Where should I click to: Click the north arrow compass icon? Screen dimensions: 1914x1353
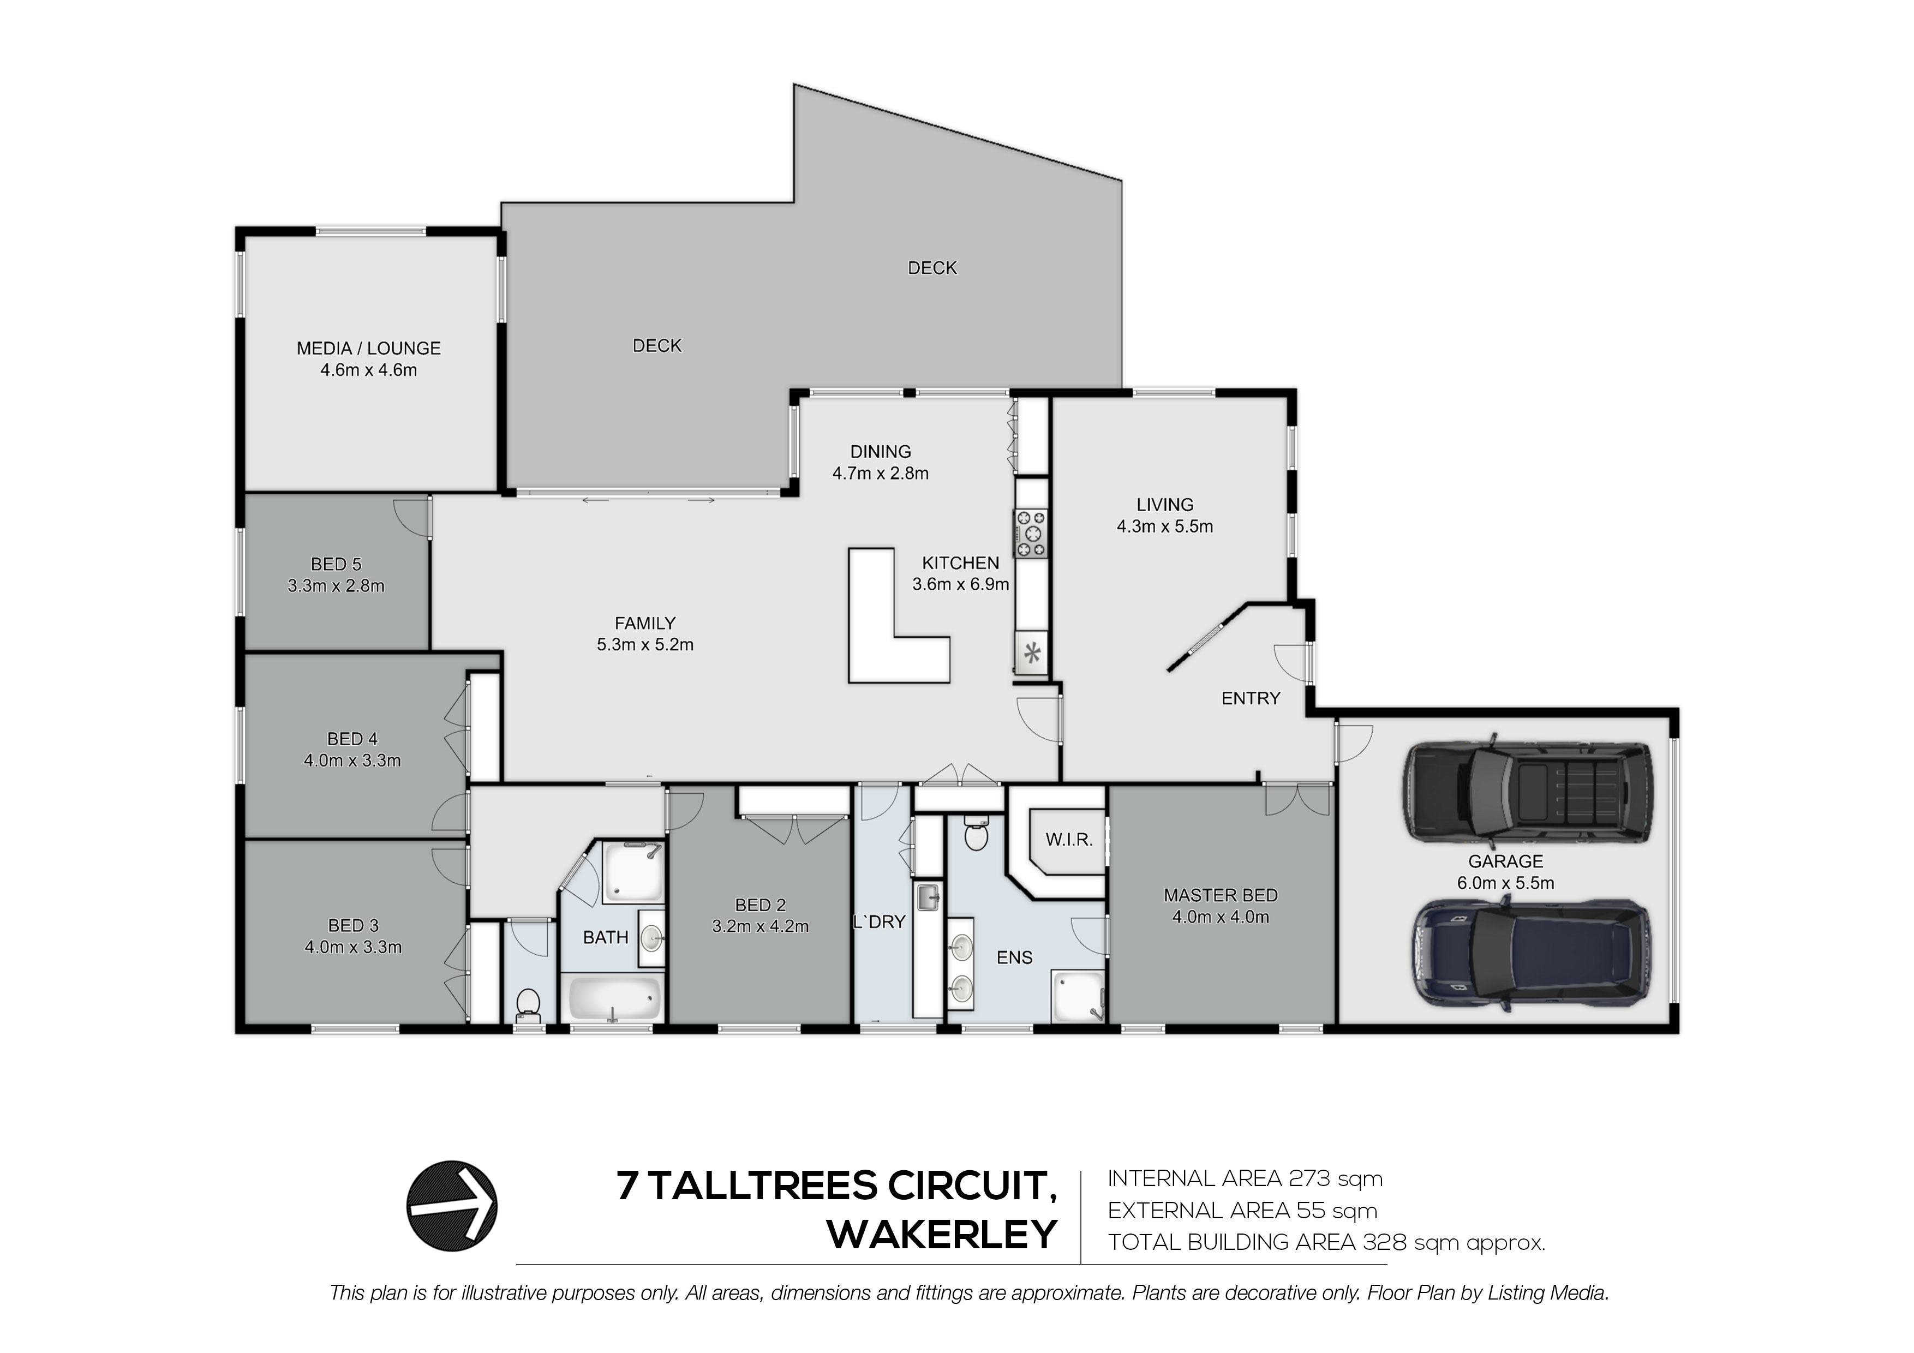[452, 1206]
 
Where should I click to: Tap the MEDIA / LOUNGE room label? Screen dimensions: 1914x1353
[368, 349]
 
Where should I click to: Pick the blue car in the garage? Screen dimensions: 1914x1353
[1530, 954]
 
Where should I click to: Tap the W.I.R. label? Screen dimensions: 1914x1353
[1069, 840]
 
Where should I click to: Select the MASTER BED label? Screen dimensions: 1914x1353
[1221, 895]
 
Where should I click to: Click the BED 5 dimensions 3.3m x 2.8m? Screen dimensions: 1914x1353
[336, 586]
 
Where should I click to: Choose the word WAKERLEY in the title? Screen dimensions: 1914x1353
[942, 1235]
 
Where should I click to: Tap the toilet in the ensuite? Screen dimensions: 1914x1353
[976, 832]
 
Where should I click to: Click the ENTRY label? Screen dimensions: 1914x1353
[1251, 698]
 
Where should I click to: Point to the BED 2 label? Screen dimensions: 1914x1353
[760, 905]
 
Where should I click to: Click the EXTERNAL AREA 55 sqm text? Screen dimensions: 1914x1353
[1242, 1211]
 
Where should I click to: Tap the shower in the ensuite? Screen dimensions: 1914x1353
[1079, 995]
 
